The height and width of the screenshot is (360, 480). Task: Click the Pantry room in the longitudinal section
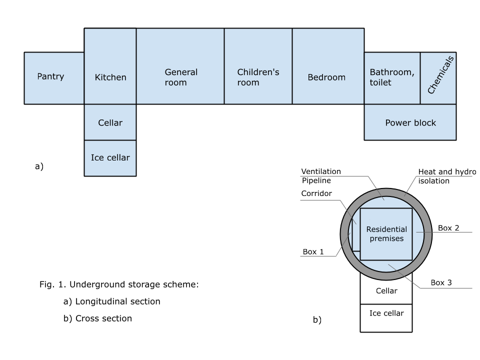click(x=54, y=78)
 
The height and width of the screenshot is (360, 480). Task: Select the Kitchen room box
click(x=110, y=66)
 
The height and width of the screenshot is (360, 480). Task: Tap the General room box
click(x=180, y=66)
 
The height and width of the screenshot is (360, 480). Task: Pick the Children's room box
click(x=258, y=66)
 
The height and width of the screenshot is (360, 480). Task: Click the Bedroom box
click(x=328, y=66)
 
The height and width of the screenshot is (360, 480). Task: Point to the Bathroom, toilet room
click(x=392, y=78)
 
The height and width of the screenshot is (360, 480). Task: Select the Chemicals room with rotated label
click(x=438, y=78)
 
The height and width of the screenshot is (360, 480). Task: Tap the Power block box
click(x=410, y=122)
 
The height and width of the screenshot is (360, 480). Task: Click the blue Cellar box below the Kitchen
click(x=110, y=122)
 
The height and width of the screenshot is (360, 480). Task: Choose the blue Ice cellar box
click(x=110, y=158)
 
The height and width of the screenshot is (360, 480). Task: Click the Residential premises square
click(x=386, y=234)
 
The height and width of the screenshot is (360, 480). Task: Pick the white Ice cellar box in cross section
click(x=386, y=318)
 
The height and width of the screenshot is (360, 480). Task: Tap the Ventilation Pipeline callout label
click(x=321, y=176)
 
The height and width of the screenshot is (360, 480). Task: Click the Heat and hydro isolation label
click(x=447, y=176)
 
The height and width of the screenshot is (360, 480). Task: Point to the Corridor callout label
click(x=316, y=193)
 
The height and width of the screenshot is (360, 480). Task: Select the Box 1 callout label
click(x=313, y=251)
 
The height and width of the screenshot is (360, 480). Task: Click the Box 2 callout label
click(x=448, y=228)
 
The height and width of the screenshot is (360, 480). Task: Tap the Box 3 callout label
click(x=441, y=282)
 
